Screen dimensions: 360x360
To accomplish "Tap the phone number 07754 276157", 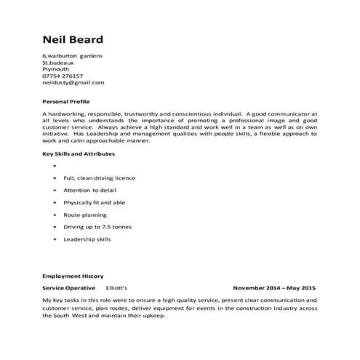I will point(63,76).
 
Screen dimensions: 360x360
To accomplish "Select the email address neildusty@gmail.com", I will point(73,83).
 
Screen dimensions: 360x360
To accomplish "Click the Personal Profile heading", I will point(65,102).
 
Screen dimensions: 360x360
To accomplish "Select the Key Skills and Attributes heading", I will point(78,154).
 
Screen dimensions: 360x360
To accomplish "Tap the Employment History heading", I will point(73,277).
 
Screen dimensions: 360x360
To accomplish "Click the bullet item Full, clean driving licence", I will point(99,178).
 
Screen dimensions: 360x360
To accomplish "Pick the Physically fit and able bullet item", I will point(94,203).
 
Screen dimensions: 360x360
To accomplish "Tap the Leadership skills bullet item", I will point(87,239).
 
